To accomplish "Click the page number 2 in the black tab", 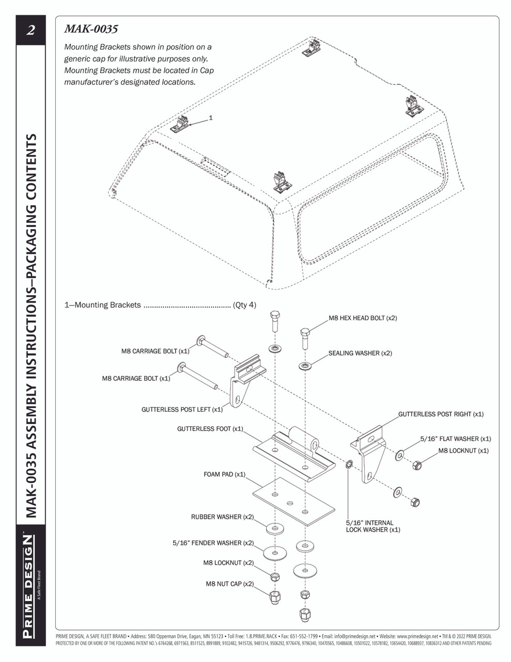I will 30,31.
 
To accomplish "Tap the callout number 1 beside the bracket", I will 211,118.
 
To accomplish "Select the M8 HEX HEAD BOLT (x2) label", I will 363,318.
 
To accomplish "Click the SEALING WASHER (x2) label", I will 360,353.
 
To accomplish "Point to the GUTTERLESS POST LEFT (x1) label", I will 182,410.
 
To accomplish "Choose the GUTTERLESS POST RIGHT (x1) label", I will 441,414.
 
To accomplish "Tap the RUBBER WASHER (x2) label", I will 222,517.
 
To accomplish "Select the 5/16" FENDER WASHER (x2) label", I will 213,543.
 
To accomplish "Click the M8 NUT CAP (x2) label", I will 229,584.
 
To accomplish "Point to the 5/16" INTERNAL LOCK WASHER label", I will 370,526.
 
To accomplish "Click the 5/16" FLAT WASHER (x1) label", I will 456,439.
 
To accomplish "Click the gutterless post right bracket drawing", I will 370,455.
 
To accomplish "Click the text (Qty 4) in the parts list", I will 244,305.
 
